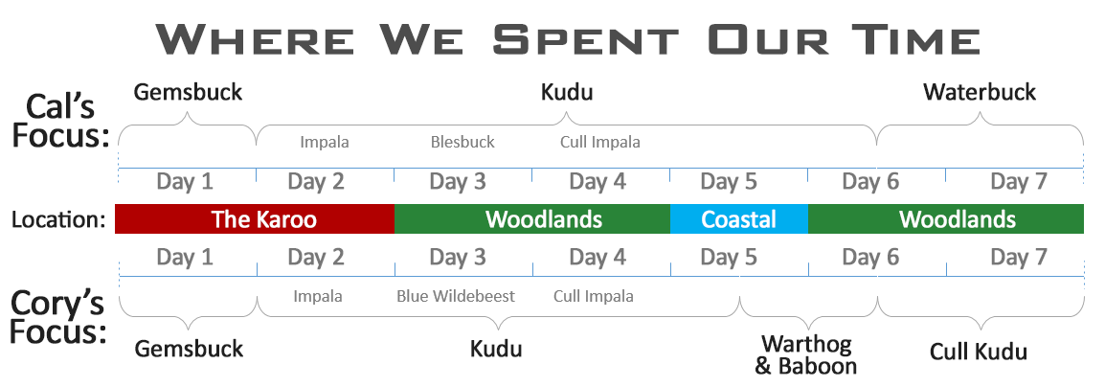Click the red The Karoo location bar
(255, 219)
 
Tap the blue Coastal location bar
(738, 219)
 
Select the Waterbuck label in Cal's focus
(980, 92)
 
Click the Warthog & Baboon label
(805, 355)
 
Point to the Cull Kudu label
(979, 352)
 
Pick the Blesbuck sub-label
(462, 142)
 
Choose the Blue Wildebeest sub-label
(455, 296)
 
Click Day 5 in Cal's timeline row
(728, 182)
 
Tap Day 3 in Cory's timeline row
(458, 258)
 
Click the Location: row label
(59, 220)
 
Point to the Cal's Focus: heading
(61, 121)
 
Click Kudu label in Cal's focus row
(567, 92)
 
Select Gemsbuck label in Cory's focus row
(189, 349)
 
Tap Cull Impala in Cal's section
(600, 142)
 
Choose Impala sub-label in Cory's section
(318, 296)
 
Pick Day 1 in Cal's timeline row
(185, 182)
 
